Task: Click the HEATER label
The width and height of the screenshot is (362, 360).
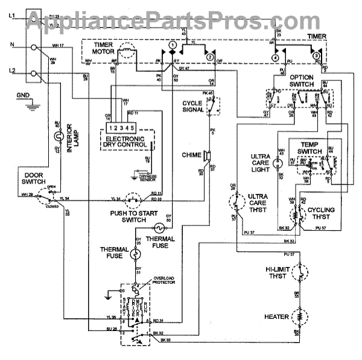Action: tap(275, 317)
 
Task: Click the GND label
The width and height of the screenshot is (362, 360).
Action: tap(23, 95)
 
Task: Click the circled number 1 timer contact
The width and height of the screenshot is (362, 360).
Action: tap(172, 45)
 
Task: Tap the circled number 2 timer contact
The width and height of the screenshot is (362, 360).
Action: tap(209, 56)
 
